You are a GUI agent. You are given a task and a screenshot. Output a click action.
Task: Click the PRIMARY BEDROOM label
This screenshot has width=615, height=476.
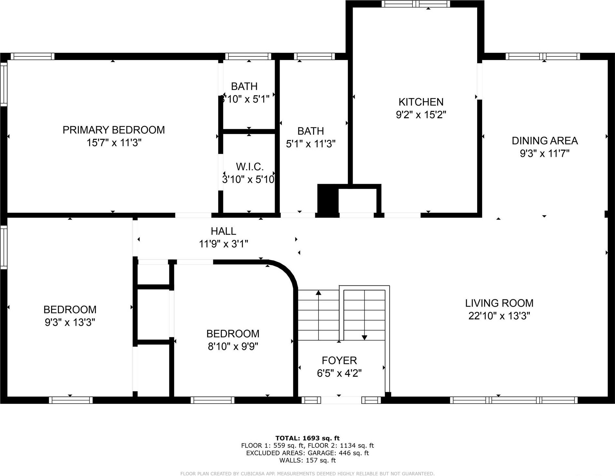coord(113,130)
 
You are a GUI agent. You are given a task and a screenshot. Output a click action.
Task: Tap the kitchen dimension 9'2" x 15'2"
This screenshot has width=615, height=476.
coord(421,115)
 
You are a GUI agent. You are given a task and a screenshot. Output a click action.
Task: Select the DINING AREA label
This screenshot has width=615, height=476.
coord(544,141)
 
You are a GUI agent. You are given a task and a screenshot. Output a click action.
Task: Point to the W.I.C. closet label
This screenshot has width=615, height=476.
coord(249,167)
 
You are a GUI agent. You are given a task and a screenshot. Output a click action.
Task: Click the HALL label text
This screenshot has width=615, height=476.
coord(223,231)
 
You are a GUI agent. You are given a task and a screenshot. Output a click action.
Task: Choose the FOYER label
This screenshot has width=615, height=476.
coord(339,360)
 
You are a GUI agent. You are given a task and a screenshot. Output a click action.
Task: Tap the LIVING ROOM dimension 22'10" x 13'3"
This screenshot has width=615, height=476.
coord(499,316)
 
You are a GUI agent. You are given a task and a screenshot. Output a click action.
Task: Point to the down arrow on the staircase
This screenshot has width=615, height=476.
coord(364,337)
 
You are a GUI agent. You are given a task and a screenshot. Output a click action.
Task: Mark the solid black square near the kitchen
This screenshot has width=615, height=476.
coord(328,201)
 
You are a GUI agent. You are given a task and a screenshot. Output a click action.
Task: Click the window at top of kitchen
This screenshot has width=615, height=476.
coord(415,4)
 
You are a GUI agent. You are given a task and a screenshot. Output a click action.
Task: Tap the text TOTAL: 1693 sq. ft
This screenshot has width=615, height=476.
coord(307,438)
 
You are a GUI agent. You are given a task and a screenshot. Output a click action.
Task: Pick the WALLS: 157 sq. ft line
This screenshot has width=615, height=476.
coord(307,460)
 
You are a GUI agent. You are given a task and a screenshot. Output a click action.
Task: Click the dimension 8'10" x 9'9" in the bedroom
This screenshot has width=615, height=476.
coord(233,346)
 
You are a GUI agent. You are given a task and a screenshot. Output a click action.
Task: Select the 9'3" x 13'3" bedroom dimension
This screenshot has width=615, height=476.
coord(70,322)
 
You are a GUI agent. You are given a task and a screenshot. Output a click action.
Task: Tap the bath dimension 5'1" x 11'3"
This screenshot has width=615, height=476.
coord(310,144)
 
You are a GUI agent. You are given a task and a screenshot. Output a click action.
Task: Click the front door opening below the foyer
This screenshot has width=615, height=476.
coord(341,400)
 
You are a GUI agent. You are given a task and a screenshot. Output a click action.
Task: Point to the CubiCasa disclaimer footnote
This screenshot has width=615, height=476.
coord(307,474)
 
